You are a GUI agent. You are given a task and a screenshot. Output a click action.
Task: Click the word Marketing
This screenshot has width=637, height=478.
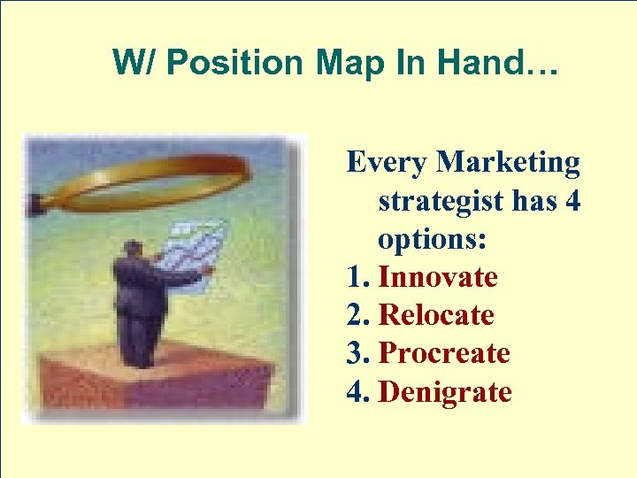point(509,163)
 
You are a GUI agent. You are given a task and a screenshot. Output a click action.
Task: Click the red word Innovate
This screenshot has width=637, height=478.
point(438,277)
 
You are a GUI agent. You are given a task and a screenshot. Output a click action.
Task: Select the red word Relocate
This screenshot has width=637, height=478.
point(436,315)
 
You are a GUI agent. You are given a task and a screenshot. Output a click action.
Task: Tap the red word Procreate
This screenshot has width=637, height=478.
point(444,353)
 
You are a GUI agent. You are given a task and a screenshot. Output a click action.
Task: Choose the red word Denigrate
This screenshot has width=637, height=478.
point(445,391)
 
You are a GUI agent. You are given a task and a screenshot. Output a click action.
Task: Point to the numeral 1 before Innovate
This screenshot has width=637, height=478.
point(354,277)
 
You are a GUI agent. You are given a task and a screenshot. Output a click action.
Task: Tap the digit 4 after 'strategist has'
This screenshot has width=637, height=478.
point(572,201)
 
